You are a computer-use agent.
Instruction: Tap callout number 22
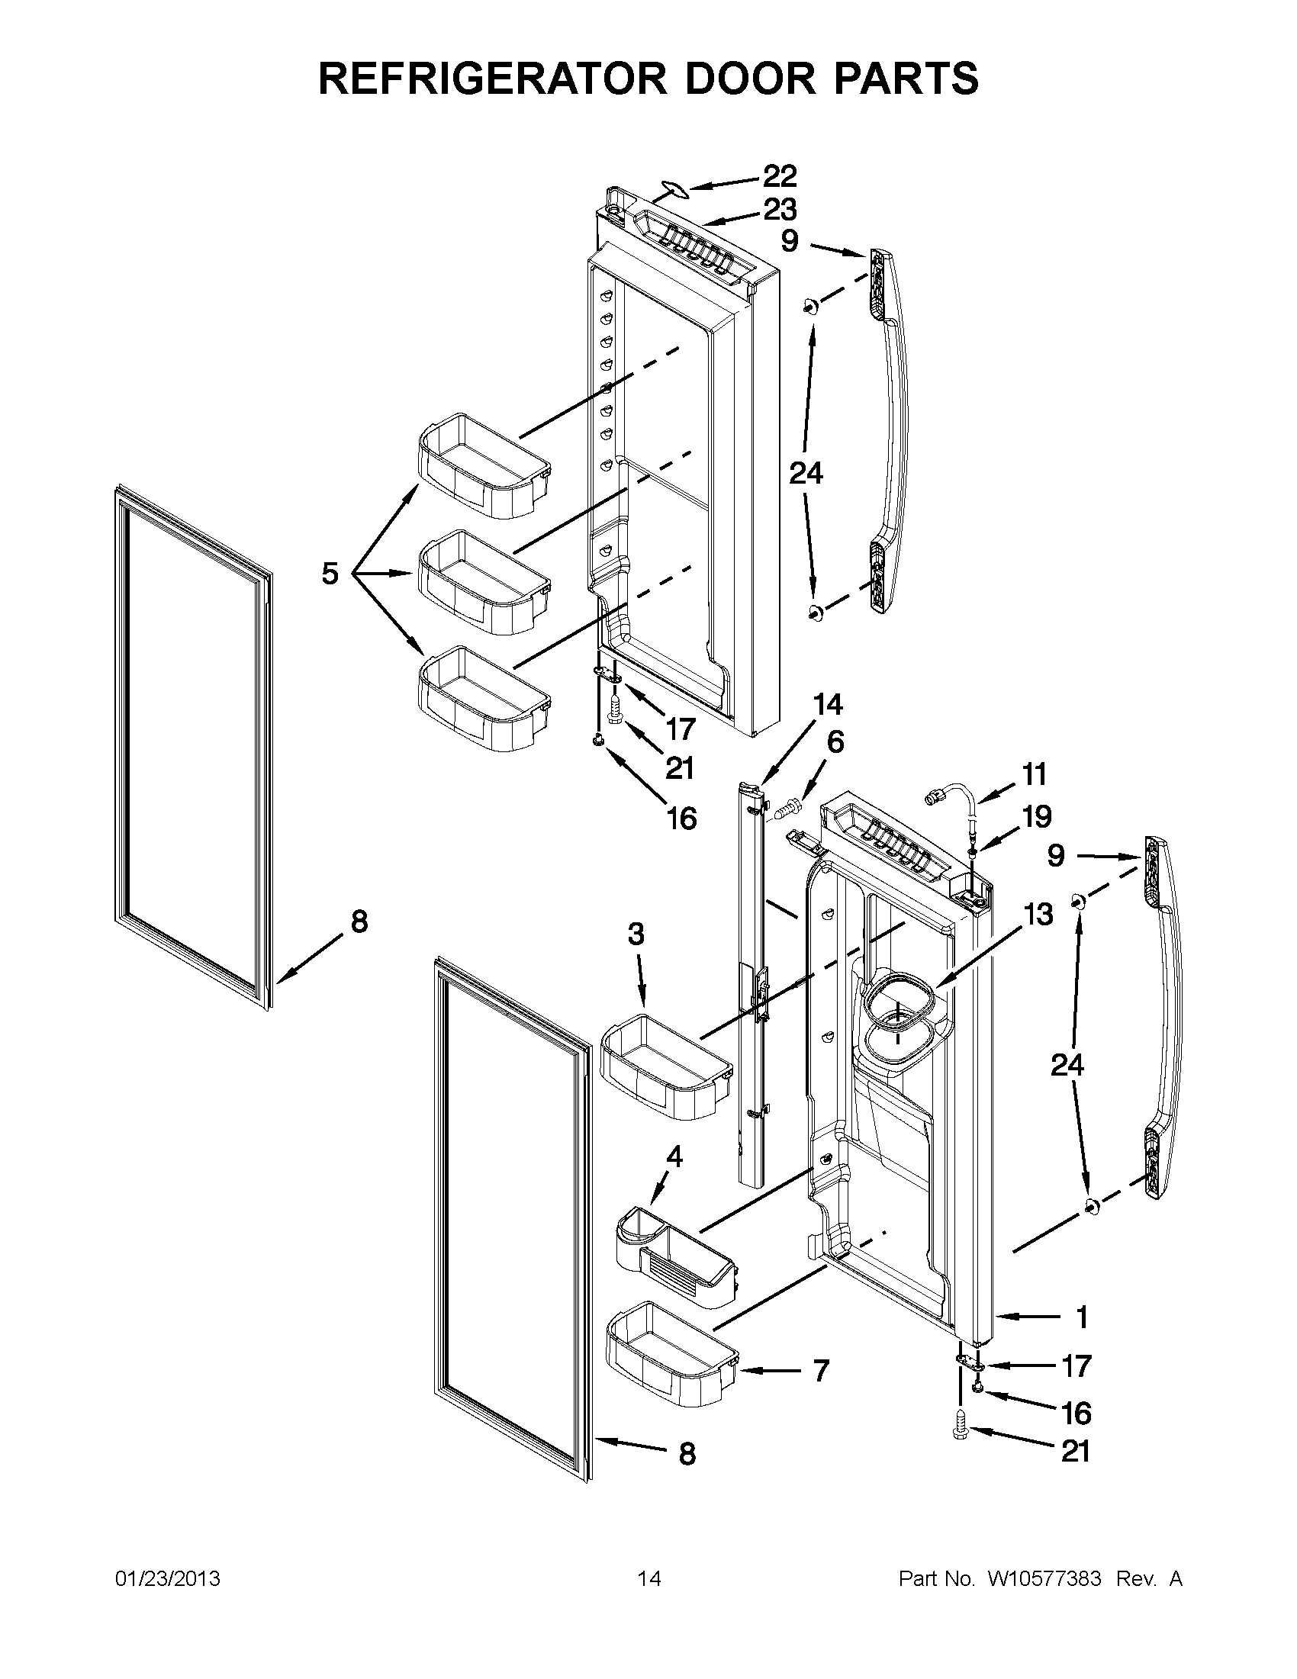click(x=779, y=176)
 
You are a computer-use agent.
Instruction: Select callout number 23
click(x=779, y=209)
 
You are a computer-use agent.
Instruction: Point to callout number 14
click(x=827, y=705)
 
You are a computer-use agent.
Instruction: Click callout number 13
click(x=1038, y=915)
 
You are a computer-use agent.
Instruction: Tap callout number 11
click(x=1035, y=774)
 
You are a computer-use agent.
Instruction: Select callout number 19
click(x=1036, y=816)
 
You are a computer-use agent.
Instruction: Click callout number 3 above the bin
click(x=636, y=934)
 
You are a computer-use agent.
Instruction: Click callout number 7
click(x=820, y=1370)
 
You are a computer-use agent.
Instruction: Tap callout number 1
click(x=1082, y=1317)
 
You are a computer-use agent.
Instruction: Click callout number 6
click(x=835, y=742)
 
